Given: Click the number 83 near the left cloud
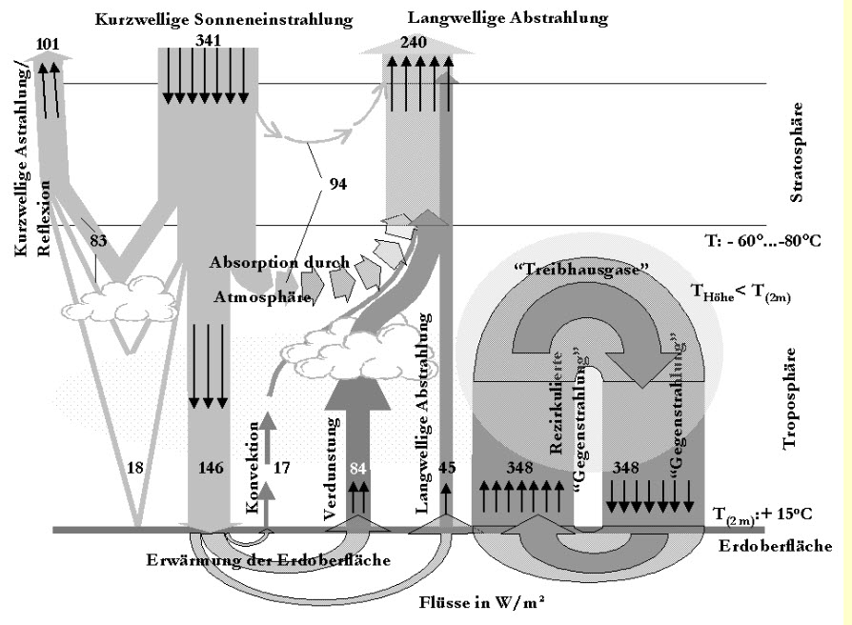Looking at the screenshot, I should coord(99,241).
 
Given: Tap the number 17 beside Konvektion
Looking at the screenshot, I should coord(283,467).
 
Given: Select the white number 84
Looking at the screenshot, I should coord(357,467).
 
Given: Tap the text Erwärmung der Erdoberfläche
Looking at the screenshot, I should coord(269,559).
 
